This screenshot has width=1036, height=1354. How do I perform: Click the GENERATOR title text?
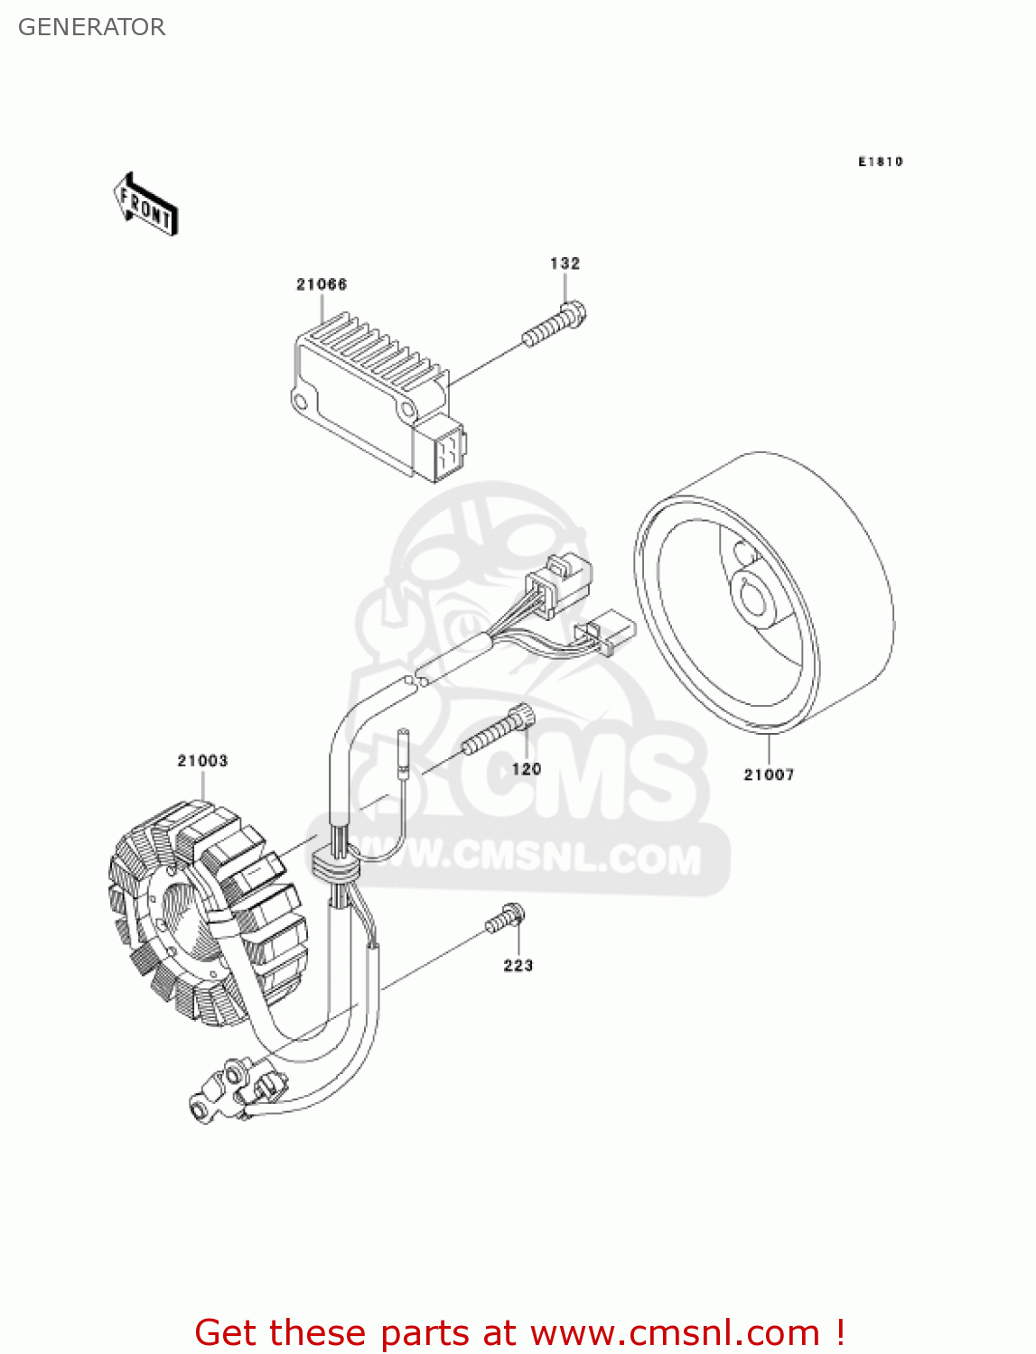(x=91, y=27)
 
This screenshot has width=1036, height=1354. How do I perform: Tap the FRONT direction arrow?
(x=145, y=206)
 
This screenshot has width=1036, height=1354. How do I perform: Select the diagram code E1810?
(x=880, y=162)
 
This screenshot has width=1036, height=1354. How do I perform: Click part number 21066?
(x=322, y=284)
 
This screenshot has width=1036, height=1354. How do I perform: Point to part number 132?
(x=565, y=264)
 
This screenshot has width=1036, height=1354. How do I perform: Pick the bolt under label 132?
(x=555, y=326)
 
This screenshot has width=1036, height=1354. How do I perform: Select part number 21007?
(x=769, y=774)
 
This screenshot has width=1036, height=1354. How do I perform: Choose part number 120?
(x=527, y=769)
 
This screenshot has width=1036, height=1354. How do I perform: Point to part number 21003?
(x=202, y=761)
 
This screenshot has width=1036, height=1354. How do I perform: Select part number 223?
(x=518, y=966)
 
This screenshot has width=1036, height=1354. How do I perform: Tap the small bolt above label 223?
(x=505, y=919)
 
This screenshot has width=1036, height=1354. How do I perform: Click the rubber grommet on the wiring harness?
(x=334, y=864)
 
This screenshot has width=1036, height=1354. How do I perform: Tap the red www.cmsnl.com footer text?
(x=519, y=1332)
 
